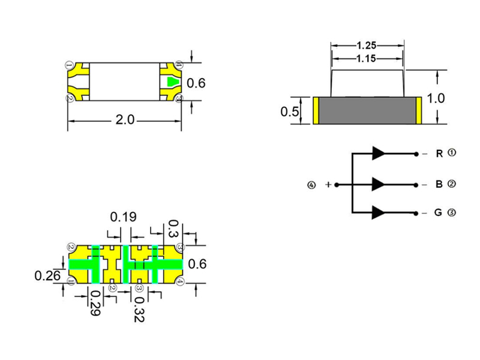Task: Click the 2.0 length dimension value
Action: pos(124,120)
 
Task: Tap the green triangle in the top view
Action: pos(172,82)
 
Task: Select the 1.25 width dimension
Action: pos(367,46)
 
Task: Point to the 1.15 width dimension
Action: pos(367,58)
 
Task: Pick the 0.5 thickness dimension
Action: pos(290,112)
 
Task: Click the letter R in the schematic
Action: pos(439,154)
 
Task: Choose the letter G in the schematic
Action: pos(439,213)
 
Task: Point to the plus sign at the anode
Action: pos(328,184)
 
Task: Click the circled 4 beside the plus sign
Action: pos(311,185)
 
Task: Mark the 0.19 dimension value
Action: pos(122,217)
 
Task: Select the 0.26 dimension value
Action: pos(47,275)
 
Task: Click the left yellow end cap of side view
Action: pos(316,111)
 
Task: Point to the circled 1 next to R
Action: pos(452,153)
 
